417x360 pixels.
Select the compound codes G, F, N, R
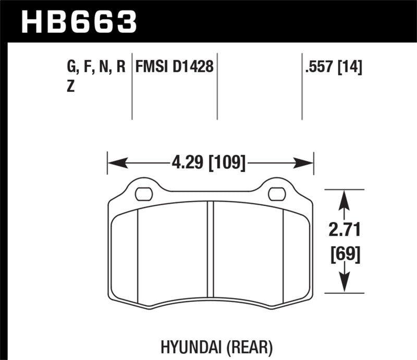96,67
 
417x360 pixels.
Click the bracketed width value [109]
227,163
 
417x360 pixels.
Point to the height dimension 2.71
344,229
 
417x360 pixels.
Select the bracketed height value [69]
344,255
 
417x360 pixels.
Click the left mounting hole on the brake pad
142,194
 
